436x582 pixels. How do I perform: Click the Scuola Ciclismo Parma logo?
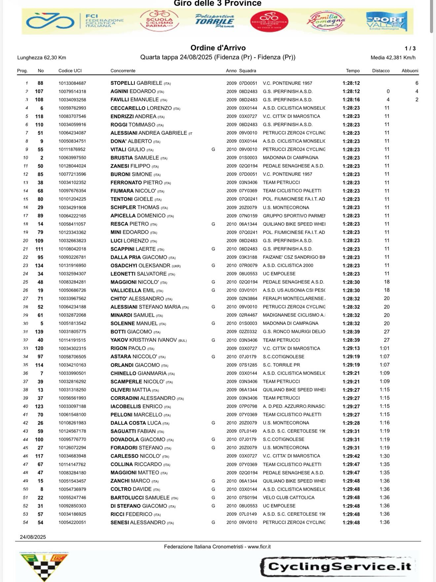coord(160,21)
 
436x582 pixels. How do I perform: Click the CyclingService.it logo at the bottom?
coord(339,566)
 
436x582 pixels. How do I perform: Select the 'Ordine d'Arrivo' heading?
coord(218,48)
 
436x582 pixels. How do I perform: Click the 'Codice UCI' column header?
coord(70,71)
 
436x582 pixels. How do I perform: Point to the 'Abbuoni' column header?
coord(410,71)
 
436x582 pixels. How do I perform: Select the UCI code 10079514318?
coord(72,92)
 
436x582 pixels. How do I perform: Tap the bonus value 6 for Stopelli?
coord(417,83)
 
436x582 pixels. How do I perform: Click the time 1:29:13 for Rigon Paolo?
coord(351,349)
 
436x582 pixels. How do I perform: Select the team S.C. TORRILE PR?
coord(281,365)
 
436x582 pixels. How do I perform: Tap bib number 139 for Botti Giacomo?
coord(39,332)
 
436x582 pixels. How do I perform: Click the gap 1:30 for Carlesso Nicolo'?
coord(384,456)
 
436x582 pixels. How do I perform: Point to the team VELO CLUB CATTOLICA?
coord(289,498)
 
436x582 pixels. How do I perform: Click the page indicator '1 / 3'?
coord(410,49)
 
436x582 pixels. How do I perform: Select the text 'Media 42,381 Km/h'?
coord(393,58)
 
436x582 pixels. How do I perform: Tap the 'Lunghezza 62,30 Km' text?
coord(42,58)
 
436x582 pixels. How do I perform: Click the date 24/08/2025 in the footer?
coord(33,537)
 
